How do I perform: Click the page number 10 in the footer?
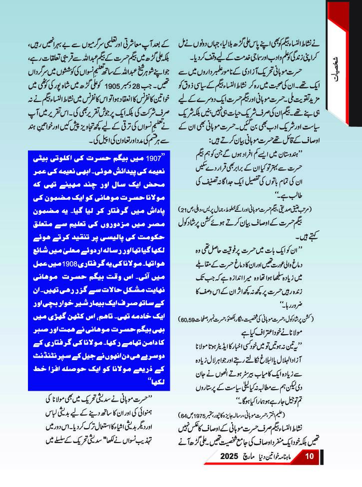point(309,471)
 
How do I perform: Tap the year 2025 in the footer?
point(229,471)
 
